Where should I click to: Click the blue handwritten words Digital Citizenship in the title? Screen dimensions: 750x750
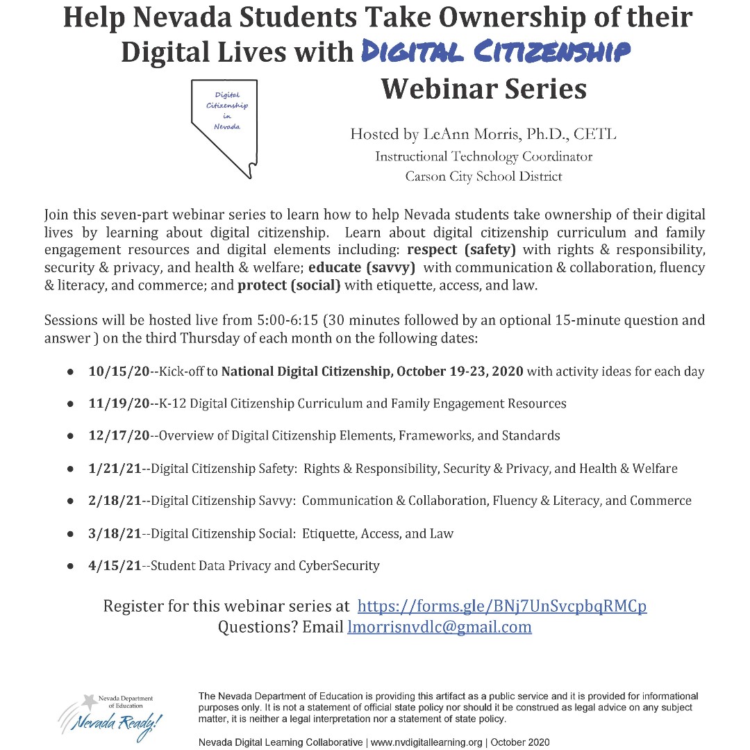click(496, 51)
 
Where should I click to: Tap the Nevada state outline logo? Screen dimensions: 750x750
click(224, 125)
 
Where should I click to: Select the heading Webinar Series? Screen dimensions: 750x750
click(484, 89)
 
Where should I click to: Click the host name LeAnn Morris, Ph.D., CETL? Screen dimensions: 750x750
click(483, 134)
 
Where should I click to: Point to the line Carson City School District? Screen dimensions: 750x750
click(483, 176)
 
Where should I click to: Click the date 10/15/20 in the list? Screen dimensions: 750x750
click(119, 372)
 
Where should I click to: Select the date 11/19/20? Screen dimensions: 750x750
click(119, 403)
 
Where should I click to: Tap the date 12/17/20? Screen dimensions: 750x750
click(119, 436)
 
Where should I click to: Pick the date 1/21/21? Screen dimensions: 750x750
click(115, 469)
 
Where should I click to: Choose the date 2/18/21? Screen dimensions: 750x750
click(115, 501)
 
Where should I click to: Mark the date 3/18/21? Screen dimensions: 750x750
click(115, 533)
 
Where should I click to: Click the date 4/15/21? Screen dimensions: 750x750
click(115, 565)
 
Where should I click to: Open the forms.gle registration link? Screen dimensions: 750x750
click(501, 606)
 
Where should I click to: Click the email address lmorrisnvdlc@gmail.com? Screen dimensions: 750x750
click(439, 628)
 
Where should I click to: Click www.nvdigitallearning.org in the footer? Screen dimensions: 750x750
click(426, 742)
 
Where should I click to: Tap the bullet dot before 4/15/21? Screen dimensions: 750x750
click(71, 566)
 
